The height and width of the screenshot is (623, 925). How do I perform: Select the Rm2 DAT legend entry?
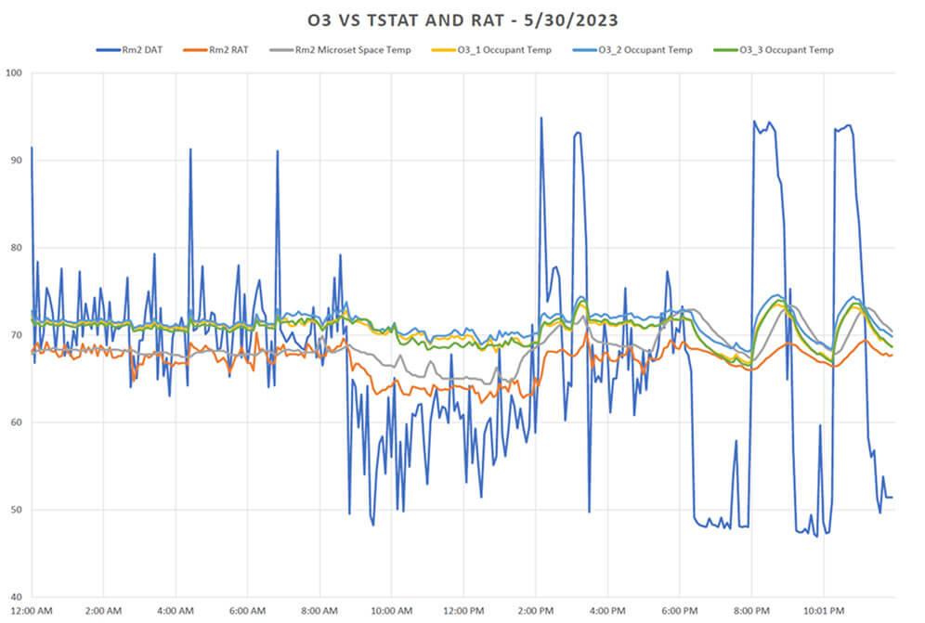[139, 50]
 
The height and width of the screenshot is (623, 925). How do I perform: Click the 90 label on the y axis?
[16, 161]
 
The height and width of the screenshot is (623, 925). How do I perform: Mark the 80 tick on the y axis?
[16, 248]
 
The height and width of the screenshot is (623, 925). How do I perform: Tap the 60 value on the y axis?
[16, 422]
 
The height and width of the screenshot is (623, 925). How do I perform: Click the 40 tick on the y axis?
[16, 597]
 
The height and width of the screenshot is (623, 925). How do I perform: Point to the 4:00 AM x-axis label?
[176, 611]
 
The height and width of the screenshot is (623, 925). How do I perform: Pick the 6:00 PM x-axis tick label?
[679, 611]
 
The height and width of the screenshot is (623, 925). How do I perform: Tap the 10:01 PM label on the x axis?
[823, 611]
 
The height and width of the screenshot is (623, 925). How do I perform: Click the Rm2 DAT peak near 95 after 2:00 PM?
[541, 119]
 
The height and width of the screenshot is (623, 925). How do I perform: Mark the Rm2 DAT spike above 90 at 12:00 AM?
[32, 148]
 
